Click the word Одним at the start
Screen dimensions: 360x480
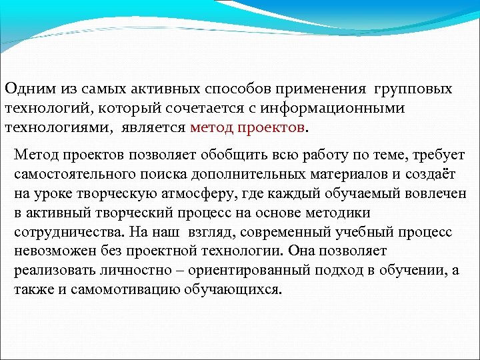pos(25,89)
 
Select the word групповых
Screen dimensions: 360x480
pos(414,89)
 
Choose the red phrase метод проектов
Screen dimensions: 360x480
pos(247,126)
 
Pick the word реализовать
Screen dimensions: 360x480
pos(49,271)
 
